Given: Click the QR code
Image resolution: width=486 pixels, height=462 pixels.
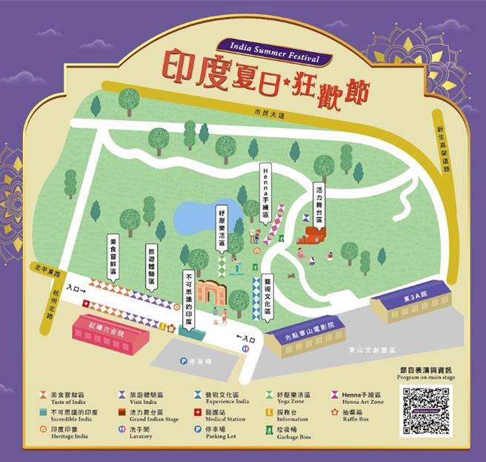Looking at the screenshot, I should (425, 411).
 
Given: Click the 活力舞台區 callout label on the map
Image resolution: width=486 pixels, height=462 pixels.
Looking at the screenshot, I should (319, 197).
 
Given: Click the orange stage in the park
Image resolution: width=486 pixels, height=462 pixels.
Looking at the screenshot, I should (312, 237).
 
